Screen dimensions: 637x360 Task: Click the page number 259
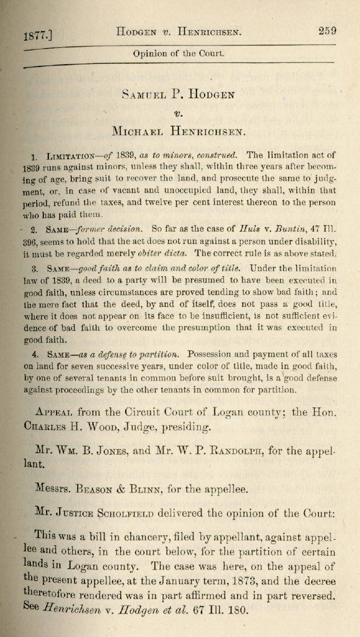(x=327, y=31)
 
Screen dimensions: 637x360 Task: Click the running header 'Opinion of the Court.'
(x=178, y=54)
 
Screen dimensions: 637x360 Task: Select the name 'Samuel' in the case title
(x=144, y=94)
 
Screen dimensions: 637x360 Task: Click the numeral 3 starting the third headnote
(x=35, y=269)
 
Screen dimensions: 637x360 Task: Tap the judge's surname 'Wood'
(x=113, y=427)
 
